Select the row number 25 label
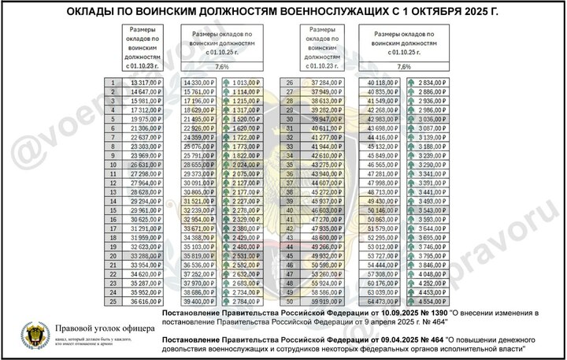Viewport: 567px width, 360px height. [x=114, y=300]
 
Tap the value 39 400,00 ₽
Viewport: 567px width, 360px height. [x=198, y=300]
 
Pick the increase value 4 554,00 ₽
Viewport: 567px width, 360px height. [x=432, y=300]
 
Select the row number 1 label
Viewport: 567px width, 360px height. [x=114, y=82]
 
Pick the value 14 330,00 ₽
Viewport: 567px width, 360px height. [x=198, y=82]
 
